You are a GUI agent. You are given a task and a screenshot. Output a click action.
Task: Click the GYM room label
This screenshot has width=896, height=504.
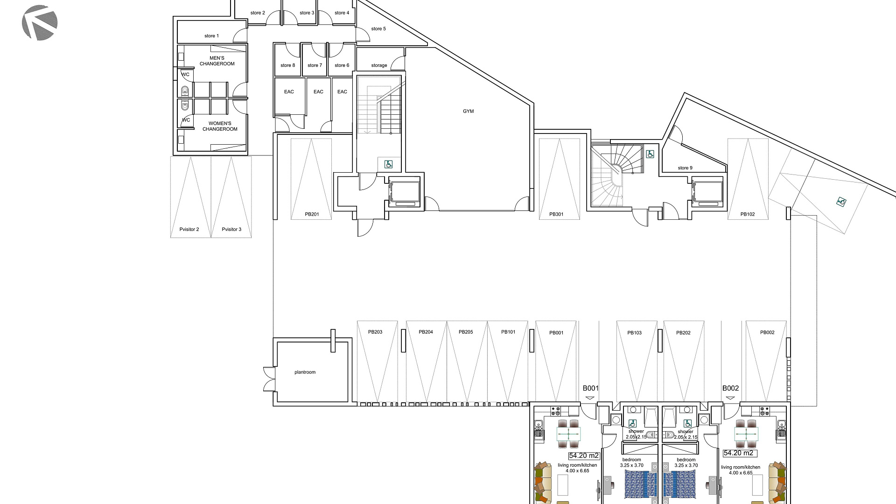[468, 111]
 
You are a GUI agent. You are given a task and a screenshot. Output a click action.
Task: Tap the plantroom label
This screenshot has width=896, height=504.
[305, 372]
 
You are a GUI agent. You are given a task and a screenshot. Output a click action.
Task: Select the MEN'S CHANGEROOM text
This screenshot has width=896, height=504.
[217, 61]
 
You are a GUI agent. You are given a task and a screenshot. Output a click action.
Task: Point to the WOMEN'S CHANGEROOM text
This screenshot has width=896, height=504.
[220, 126]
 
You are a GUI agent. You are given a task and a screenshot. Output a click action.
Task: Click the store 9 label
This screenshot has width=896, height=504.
[685, 168]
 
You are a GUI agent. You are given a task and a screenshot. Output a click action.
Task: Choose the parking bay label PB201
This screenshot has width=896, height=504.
[312, 214]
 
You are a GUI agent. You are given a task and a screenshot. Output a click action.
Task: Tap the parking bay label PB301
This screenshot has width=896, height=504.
[556, 214]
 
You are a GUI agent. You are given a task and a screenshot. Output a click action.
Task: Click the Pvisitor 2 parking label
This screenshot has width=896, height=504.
[189, 229]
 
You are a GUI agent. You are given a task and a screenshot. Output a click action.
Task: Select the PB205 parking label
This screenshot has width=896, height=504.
[466, 332]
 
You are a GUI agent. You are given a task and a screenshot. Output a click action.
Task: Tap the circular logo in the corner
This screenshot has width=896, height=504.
[40, 22]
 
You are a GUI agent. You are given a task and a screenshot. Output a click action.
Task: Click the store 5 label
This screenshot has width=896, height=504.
[378, 28]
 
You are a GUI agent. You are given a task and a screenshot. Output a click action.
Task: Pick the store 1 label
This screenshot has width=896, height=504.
[211, 35]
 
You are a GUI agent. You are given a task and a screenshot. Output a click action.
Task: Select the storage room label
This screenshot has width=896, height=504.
[379, 65]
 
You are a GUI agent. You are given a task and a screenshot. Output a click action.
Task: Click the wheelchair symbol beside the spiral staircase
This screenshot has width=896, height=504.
[650, 154]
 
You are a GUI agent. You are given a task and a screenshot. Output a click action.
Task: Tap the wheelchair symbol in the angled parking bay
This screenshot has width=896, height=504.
[841, 202]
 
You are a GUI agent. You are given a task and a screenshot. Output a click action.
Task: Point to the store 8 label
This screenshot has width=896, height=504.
[287, 65]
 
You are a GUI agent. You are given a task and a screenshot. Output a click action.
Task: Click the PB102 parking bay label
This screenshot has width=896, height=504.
[748, 214]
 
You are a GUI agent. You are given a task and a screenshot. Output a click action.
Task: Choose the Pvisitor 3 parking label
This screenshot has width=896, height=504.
[231, 229]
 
